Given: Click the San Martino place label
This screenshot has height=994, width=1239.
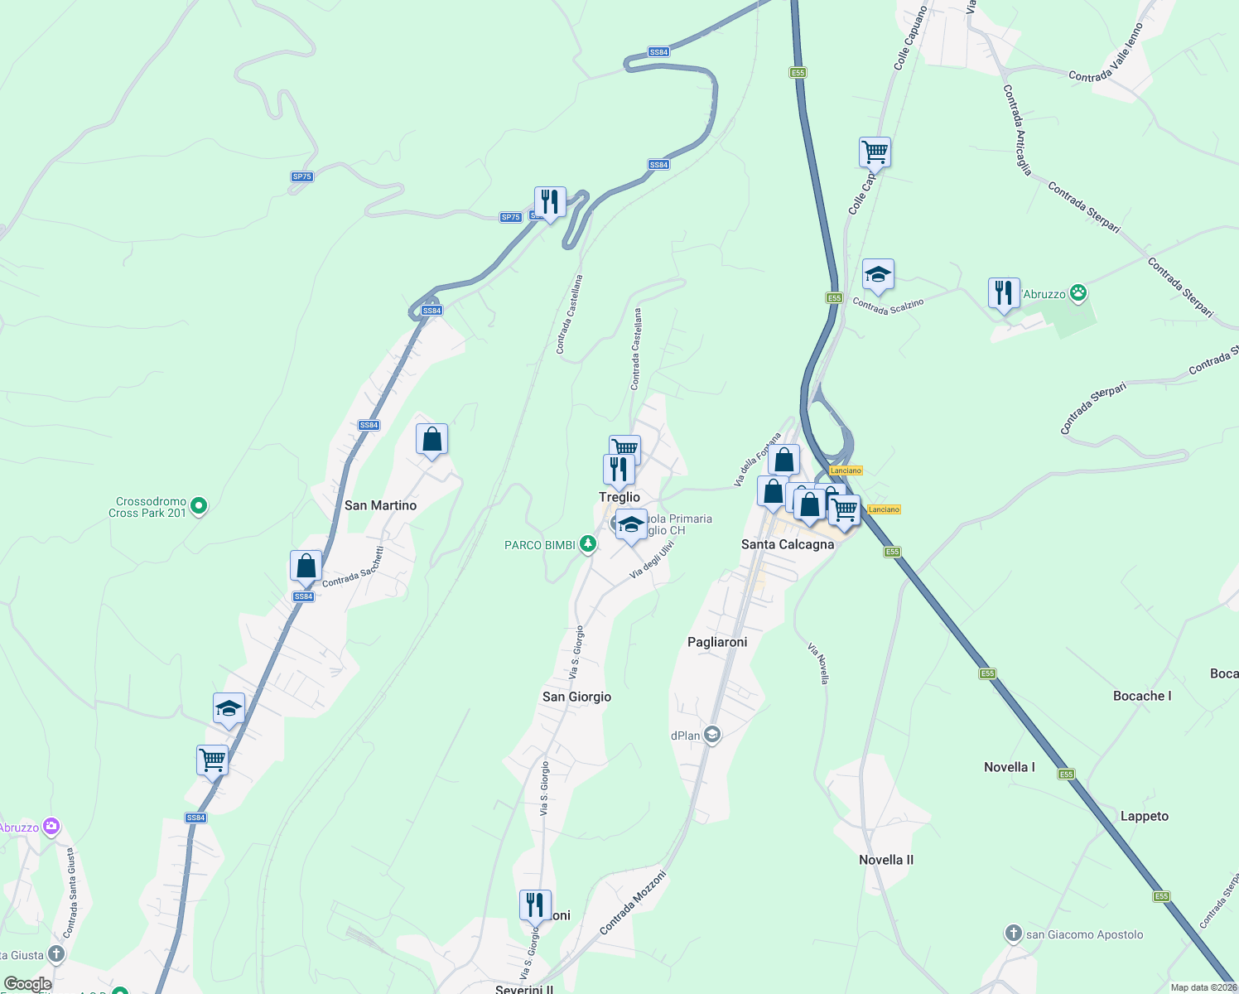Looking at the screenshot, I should pos(380,505).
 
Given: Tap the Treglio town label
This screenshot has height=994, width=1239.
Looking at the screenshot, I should pos(619,497).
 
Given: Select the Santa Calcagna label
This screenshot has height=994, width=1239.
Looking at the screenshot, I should pos(787,544).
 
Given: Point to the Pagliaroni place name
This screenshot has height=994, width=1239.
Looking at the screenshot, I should pos(717,642).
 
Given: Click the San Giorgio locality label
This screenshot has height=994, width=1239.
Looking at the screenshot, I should pos(576,697).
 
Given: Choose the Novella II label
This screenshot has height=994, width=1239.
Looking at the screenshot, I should pos(886,860).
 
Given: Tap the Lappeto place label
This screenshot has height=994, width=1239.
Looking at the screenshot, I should pos(1145,816).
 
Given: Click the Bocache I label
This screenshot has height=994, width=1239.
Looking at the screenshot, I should pos(1142,696).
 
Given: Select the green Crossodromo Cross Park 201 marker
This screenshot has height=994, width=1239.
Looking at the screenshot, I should pos(198,505).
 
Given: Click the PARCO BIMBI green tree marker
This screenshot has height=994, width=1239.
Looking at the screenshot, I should pos(587,544).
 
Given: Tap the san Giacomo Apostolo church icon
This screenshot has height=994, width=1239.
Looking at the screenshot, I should pos(1013,934).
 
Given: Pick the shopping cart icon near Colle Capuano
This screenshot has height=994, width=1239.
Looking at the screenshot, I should pos(875,152).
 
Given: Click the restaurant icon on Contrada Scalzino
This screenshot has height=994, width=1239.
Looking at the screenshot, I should pos(1004,293).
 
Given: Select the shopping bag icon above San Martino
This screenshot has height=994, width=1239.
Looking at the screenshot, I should pos(431,439).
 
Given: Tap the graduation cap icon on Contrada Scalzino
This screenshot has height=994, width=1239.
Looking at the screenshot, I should pos(878,275).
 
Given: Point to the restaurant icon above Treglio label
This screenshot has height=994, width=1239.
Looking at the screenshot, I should pos(619,470).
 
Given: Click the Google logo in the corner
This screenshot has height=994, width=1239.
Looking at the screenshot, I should pos(28,984).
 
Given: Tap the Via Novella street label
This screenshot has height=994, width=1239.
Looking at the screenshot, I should pos(818,663).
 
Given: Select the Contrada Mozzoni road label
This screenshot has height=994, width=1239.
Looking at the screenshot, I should pos(633,903).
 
